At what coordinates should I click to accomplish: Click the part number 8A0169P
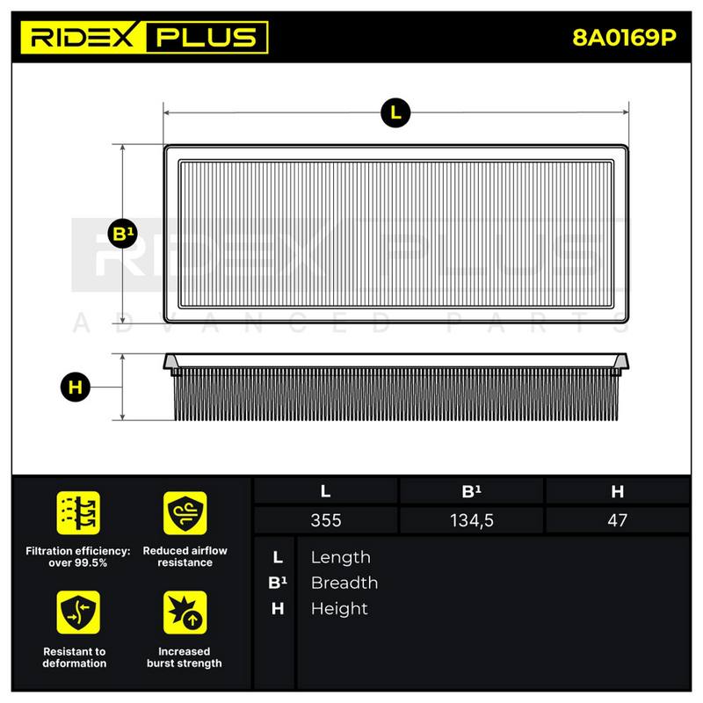[x=624, y=38]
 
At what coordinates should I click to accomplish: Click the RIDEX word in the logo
[x=83, y=37]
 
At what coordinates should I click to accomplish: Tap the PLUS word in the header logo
[x=207, y=37]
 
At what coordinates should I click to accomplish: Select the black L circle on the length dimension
[x=395, y=113]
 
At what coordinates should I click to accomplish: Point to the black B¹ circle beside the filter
[x=123, y=234]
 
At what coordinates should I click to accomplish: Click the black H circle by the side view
[x=76, y=387]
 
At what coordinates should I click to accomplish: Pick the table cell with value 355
[x=325, y=520]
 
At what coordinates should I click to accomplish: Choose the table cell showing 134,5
[x=471, y=520]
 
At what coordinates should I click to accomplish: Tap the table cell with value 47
[x=618, y=520]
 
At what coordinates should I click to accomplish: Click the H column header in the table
[x=618, y=491]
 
